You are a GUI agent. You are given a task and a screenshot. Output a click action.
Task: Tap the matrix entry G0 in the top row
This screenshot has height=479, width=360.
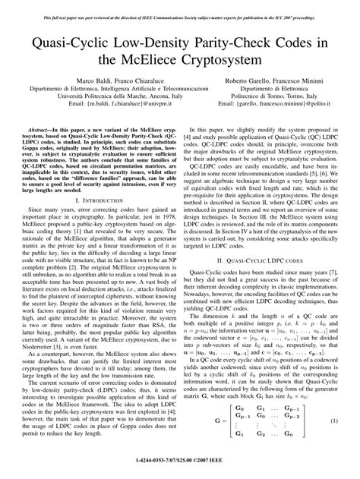(x=226, y=428)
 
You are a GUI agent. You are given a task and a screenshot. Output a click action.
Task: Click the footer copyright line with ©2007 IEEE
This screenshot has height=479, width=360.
(x=180, y=472)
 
